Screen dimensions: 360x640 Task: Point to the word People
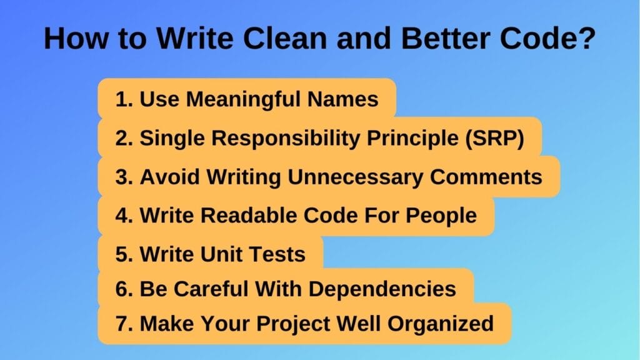point(442,216)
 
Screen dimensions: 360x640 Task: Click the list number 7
point(121,324)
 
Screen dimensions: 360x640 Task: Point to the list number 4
point(121,216)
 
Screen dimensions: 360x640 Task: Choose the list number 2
point(121,138)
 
